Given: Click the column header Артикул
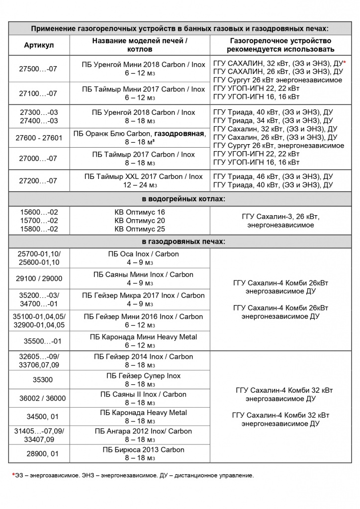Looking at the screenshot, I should click(x=39, y=45).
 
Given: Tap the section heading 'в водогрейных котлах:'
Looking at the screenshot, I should click(x=184, y=199).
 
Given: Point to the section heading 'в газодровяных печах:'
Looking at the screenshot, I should click(x=184, y=242).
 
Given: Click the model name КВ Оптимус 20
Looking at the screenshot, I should click(x=140, y=220).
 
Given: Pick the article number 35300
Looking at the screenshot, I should click(x=39, y=380).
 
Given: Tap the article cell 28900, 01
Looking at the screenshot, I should click(x=39, y=454).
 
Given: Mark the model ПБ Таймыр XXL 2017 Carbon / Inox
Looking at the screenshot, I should click(x=143, y=176).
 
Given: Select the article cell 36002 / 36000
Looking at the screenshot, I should click(x=39, y=398).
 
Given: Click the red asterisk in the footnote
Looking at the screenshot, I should click(x=13, y=475).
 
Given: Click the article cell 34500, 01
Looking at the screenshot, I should click(x=39, y=417).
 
